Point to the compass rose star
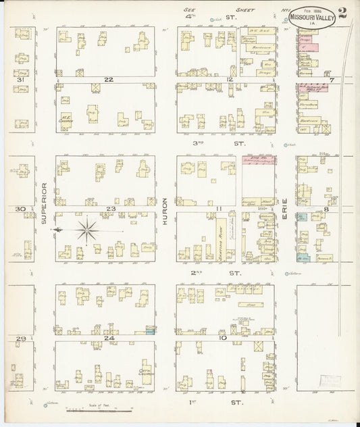(x=86, y=230)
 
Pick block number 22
(x=108, y=80)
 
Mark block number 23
(x=110, y=209)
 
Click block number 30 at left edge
(x=20, y=209)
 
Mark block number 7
(x=331, y=80)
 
